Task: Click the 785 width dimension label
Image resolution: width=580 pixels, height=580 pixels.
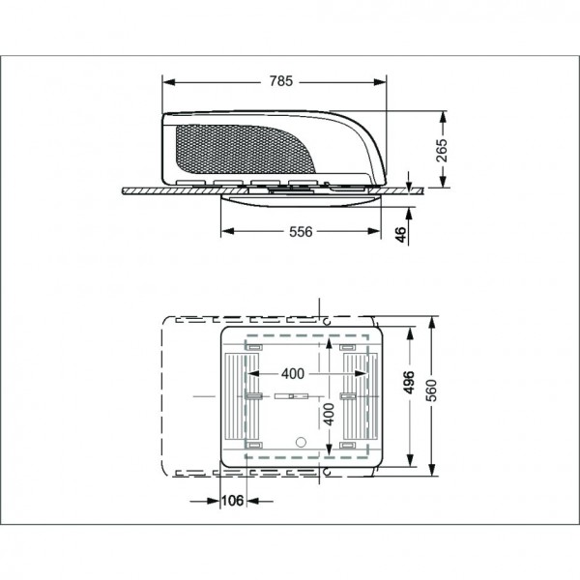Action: [281, 81]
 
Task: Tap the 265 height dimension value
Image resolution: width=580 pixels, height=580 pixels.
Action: [442, 150]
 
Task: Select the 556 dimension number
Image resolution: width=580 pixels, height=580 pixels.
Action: [301, 232]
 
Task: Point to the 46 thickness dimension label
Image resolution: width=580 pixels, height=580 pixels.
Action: [400, 235]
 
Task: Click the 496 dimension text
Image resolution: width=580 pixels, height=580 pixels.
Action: [410, 383]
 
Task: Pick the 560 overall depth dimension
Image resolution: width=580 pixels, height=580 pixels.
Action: [432, 391]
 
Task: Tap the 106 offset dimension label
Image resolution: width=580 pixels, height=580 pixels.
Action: [233, 501]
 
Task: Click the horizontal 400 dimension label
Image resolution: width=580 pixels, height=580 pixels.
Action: [293, 373]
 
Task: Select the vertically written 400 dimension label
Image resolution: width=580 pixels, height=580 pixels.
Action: [329, 415]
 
